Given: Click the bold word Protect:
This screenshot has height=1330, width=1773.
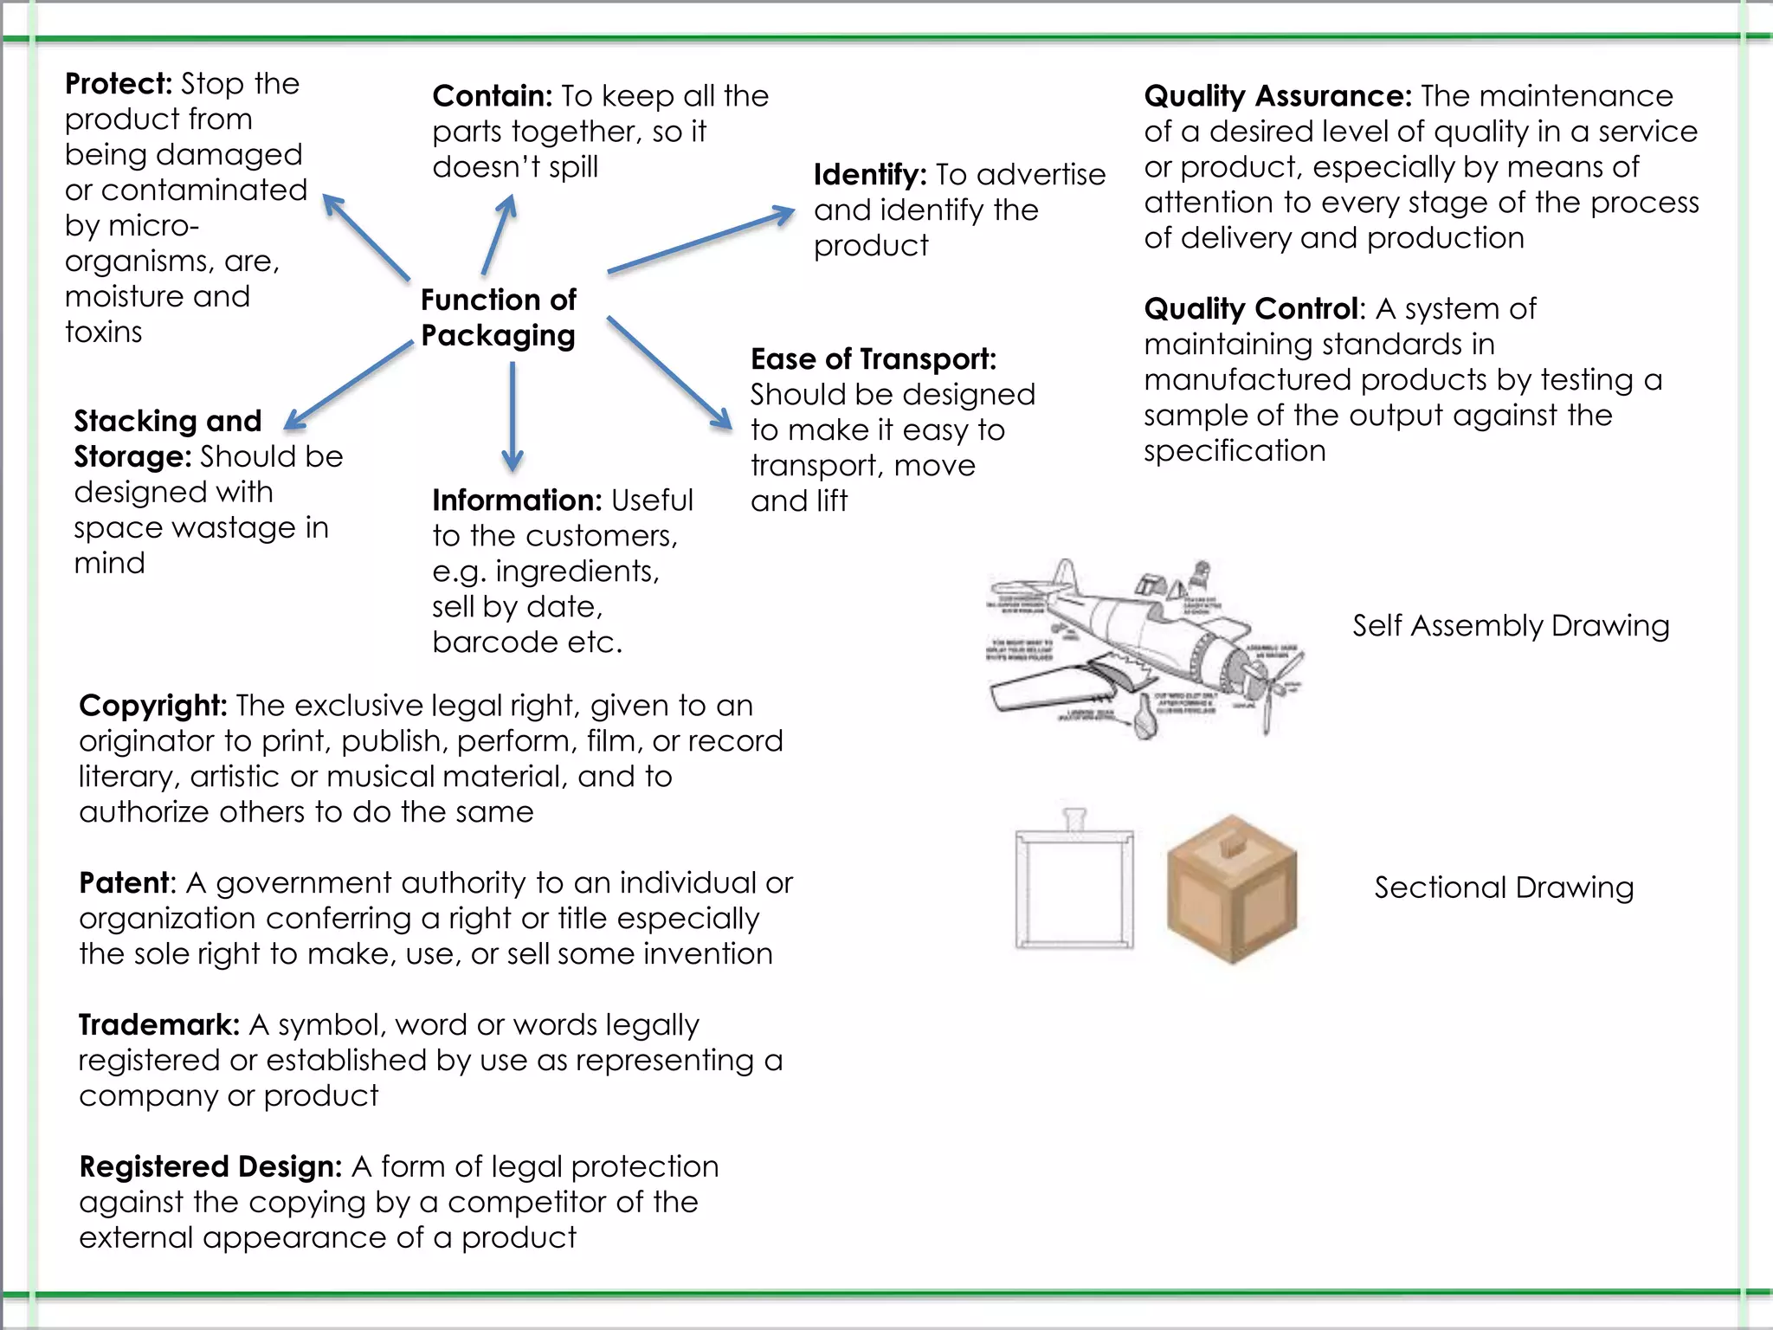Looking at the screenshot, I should point(119,84).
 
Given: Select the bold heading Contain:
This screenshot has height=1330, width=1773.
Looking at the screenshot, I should point(492,96).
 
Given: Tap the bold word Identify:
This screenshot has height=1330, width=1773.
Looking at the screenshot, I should point(870,175).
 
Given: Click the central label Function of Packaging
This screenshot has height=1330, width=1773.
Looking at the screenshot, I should point(499,318).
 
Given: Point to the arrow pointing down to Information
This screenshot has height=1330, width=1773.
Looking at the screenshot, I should point(513,416).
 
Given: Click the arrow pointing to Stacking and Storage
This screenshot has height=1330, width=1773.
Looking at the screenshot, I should point(349,384).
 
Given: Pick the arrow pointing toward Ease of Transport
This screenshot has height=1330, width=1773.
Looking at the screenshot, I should point(669,371).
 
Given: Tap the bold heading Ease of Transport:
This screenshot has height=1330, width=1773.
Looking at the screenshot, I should point(873,359).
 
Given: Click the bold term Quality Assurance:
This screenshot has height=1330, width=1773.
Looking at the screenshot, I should point(1277,96).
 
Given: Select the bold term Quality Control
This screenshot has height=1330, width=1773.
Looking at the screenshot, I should point(1252,309).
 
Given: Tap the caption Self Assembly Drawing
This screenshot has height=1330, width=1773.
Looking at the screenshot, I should point(1510,626).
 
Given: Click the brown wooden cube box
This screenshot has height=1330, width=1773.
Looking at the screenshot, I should point(1231,889).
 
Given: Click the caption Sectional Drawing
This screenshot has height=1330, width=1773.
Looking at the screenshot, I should point(1504,888).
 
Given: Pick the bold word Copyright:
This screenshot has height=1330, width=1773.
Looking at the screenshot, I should point(152,706).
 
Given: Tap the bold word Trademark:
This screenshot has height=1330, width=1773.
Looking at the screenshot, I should point(158,1025).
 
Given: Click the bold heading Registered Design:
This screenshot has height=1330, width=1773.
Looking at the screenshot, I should point(210,1167).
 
